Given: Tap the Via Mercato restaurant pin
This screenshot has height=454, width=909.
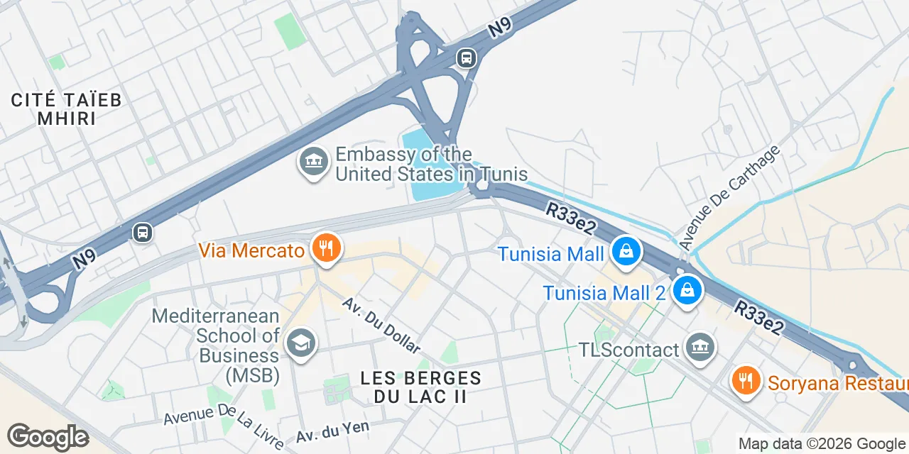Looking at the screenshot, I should (327, 249).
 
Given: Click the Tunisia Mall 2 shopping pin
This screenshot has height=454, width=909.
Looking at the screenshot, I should (687, 291).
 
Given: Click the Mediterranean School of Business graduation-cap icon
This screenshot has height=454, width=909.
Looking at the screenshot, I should (301, 343).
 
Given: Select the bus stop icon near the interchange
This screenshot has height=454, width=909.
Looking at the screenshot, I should (467, 57).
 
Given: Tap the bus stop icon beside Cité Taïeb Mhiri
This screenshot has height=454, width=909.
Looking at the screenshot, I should (143, 232).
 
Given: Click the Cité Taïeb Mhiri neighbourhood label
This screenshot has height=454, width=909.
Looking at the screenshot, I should (67, 109).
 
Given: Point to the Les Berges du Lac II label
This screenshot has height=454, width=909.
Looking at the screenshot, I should (420, 387).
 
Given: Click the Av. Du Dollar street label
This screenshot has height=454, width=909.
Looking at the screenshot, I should (381, 325).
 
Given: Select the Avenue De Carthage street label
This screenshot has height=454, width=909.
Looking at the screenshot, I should (729, 196).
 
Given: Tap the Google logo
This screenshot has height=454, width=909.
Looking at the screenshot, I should (48, 437).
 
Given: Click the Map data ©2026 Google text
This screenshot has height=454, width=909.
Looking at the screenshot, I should (822, 444).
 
